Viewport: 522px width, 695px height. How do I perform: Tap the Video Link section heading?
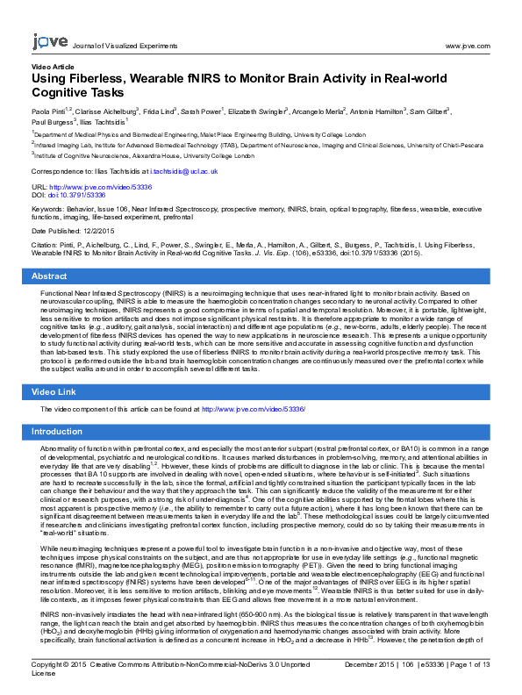[55, 390]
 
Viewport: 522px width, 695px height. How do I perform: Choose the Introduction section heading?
[58, 432]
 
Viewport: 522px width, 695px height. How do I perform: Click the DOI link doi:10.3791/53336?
[82, 195]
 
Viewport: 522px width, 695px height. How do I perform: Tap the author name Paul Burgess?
[52, 122]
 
